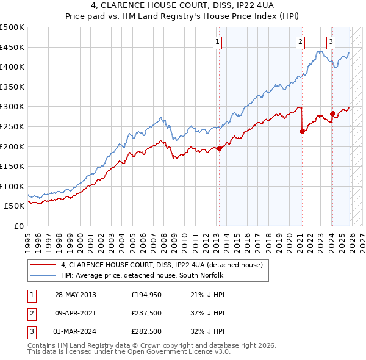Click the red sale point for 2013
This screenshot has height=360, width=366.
(219, 148)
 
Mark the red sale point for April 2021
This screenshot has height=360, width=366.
(302, 131)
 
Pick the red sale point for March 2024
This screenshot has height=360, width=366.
(332, 113)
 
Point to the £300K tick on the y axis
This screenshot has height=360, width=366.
(13, 107)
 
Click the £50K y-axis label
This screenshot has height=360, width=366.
(15, 206)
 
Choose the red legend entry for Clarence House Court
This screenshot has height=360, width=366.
(161, 265)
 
